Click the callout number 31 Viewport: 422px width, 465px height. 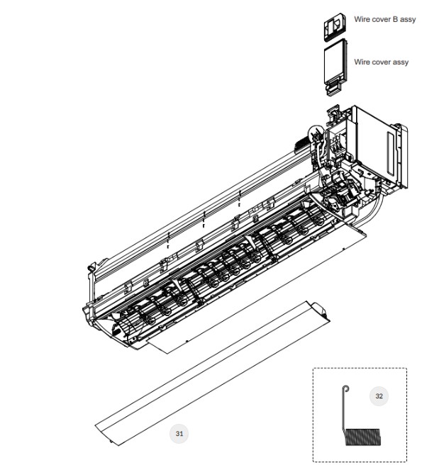179,434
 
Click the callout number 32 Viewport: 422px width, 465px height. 379,396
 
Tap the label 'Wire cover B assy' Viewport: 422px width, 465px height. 384,19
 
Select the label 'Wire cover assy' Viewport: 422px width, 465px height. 381,62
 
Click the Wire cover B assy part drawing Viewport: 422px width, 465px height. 335,27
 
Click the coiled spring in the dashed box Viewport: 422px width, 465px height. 362,437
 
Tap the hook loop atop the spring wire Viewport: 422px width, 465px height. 345,388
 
